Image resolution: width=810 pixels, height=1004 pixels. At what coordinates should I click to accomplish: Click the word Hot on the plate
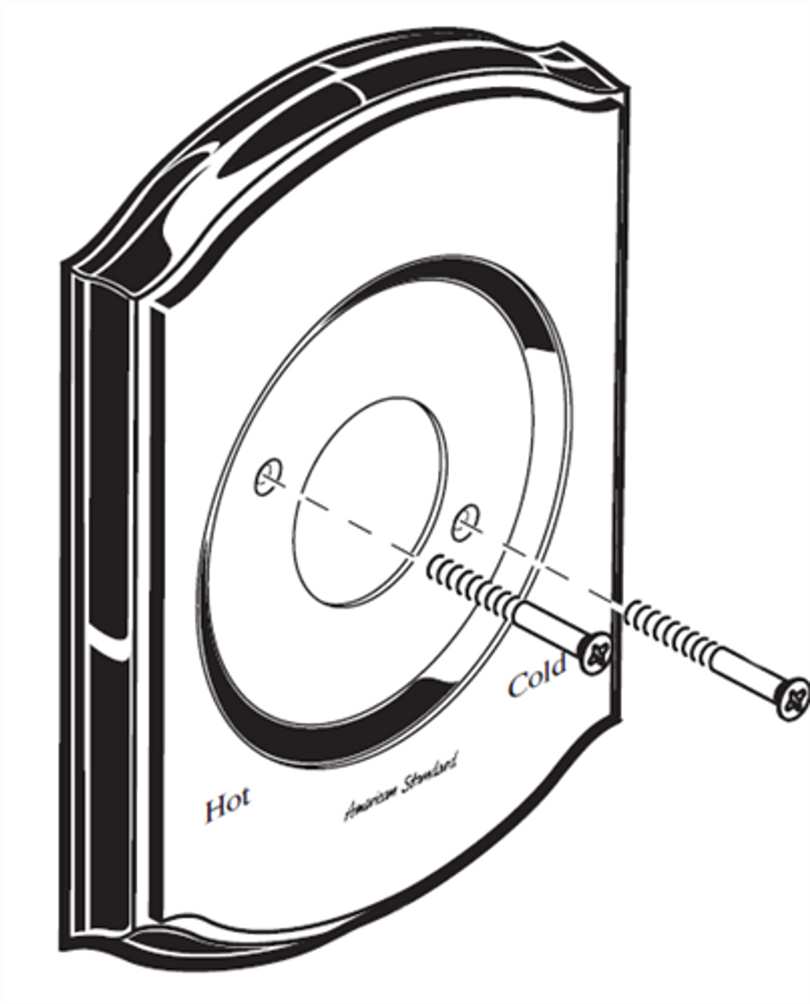[228, 806]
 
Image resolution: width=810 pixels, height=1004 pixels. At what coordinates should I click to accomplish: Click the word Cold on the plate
[537, 676]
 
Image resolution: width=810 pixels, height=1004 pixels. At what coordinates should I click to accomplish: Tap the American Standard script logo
[400, 787]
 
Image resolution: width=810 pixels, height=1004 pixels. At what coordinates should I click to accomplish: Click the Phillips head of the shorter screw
[595, 652]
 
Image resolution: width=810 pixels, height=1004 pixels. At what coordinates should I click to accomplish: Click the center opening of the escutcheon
[369, 502]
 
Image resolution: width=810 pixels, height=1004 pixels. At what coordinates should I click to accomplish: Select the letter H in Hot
[214, 809]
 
